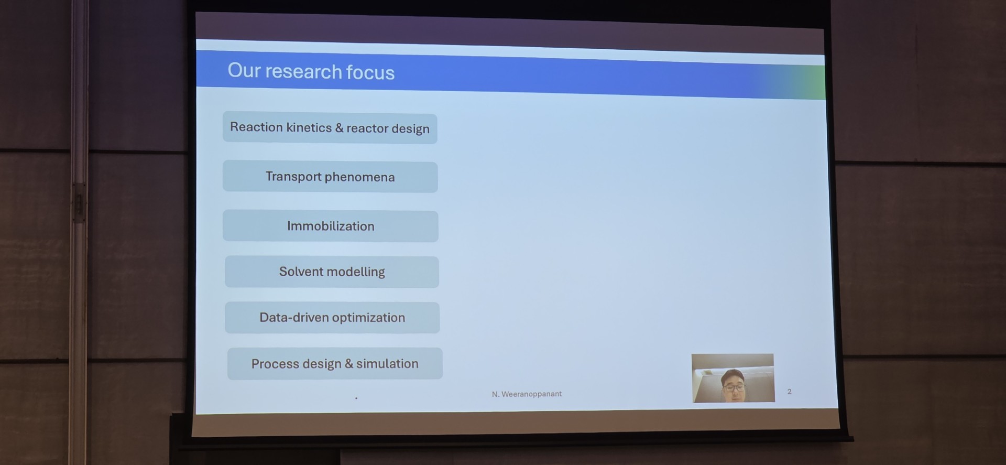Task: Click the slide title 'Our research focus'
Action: (x=311, y=71)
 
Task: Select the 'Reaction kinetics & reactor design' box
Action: (x=330, y=128)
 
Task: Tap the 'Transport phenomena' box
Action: (x=330, y=177)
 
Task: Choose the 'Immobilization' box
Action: (x=331, y=226)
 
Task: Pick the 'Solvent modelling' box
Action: (x=332, y=272)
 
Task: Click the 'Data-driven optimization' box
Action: (x=332, y=318)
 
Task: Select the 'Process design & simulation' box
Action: (x=335, y=363)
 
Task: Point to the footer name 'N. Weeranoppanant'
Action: (x=527, y=394)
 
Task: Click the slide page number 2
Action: (x=789, y=392)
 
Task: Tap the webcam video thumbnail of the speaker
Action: (x=733, y=378)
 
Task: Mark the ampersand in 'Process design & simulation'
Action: (x=349, y=364)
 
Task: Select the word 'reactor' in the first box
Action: (x=367, y=128)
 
